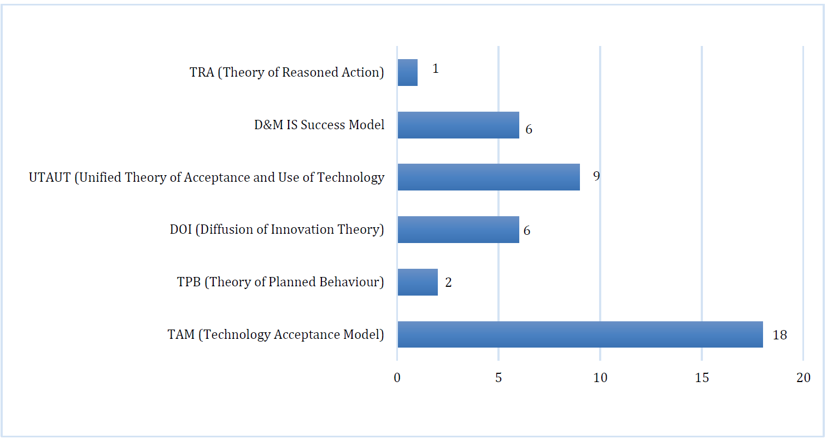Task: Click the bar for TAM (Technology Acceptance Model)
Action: [580, 334]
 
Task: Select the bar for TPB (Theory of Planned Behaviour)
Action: [418, 282]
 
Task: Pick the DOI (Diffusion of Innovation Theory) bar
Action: [458, 230]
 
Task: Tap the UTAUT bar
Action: [489, 177]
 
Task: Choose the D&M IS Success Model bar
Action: [458, 125]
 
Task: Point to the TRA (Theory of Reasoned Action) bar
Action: [408, 72]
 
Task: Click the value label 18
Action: [780, 335]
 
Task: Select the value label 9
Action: [596, 176]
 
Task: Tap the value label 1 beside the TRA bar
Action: [436, 69]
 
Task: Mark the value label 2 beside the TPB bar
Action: [448, 282]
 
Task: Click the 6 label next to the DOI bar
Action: [527, 230]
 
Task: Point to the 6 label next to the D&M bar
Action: [529, 129]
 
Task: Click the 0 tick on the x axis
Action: [397, 378]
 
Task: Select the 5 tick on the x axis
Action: [498, 378]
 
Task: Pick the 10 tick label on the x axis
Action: [600, 378]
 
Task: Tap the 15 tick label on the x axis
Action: [702, 378]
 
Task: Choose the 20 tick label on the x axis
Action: [803, 378]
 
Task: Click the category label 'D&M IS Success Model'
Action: [319, 125]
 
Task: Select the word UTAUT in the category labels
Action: [50, 177]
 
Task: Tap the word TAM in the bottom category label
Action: [181, 334]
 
